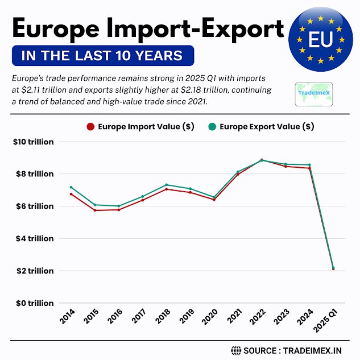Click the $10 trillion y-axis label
[34, 142]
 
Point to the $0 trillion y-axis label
[34, 303]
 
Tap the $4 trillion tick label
[34, 238]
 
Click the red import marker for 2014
[71, 194]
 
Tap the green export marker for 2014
[71, 187]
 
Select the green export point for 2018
[167, 185]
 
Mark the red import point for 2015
[95, 210]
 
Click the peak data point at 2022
[262, 160]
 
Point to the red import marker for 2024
[309, 168]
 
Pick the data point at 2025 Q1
[333, 268]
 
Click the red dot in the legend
[90, 127]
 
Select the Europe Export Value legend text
[267, 127]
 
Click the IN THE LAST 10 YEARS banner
[102, 56]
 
